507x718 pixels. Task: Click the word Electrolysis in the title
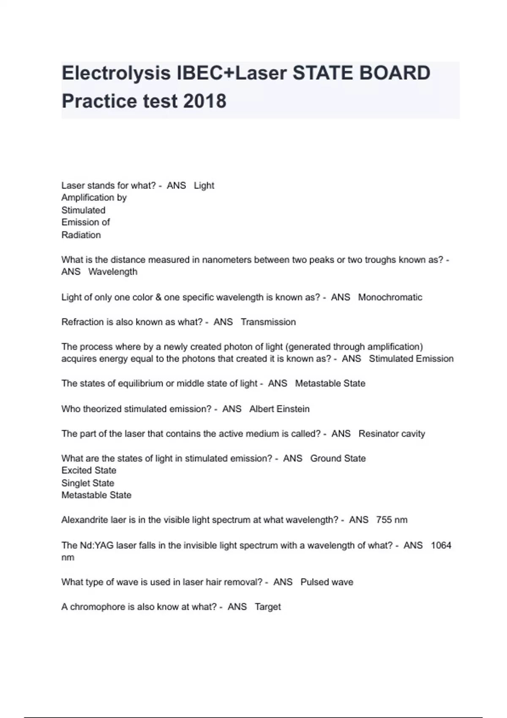115,73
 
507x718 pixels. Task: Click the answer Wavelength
113,272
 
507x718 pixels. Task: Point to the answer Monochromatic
390,297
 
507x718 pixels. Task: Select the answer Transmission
268,322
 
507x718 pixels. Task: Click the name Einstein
291,409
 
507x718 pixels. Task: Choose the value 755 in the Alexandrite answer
384,520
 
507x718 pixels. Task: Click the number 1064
441,546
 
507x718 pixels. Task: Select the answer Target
268,607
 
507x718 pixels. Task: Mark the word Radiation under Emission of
81,235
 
